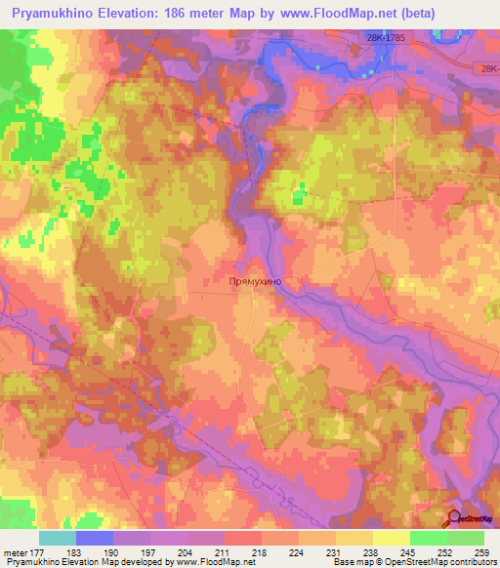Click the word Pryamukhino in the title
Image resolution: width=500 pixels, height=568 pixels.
click(58, 13)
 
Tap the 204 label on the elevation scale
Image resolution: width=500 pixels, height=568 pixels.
click(169, 551)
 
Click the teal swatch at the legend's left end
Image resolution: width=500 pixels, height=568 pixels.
click(58, 538)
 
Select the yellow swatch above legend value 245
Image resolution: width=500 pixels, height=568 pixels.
click(391, 538)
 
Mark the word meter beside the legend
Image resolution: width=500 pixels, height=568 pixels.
click(15, 551)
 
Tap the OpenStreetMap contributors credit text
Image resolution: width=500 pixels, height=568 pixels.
click(438, 563)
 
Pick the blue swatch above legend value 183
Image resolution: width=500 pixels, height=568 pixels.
click(95, 538)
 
